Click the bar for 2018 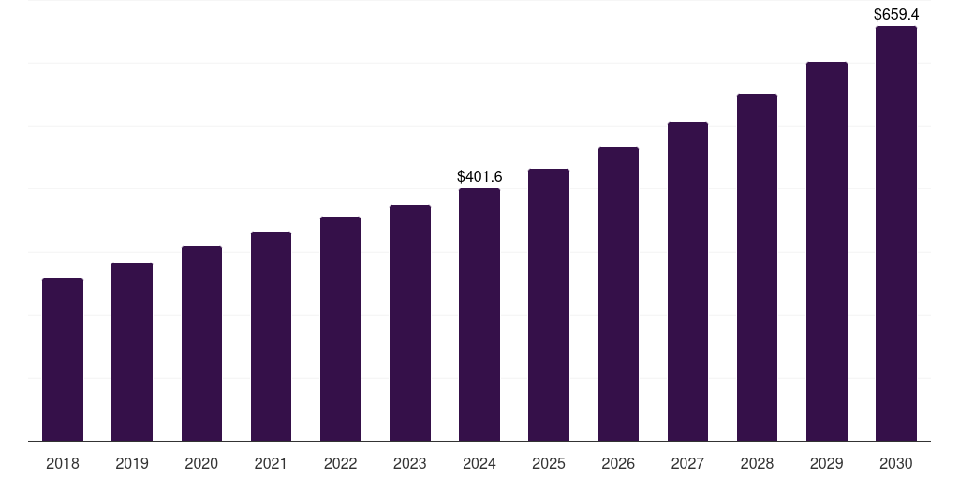(x=63, y=360)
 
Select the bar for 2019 (x=132, y=352)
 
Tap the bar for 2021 (x=271, y=337)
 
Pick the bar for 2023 (x=410, y=323)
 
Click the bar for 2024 (x=479, y=315)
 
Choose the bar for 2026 (x=618, y=294)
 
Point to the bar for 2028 (x=757, y=267)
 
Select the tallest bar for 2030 (x=895, y=233)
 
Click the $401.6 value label (x=479, y=176)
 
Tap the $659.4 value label (x=896, y=14)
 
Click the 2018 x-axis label (x=63, y=463)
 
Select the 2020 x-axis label (x=201, y=463)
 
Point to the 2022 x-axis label (x=340, y=463)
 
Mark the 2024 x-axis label (x=479, y=463)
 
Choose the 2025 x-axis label (x=549, y=463)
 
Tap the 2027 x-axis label (x=687, y=463)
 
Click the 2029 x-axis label (x=826, y=463)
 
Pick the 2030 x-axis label (x=895, y=463)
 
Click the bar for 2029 (x=826, y=251)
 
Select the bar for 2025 (x=549, y=305)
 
